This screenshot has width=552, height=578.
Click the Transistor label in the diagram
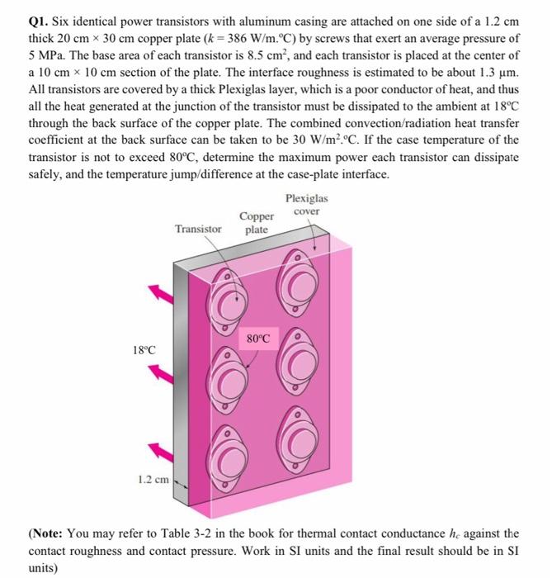[198, 228]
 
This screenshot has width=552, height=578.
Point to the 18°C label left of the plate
[144, 349]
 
